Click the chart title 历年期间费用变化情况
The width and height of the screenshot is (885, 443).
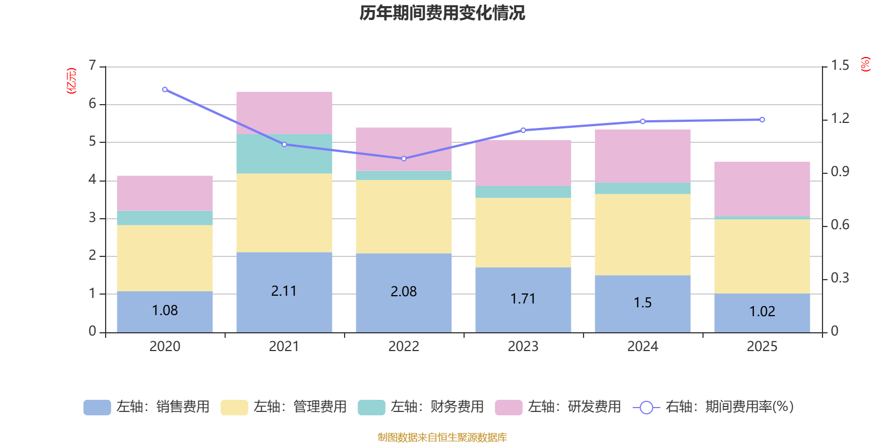tap(442, 13)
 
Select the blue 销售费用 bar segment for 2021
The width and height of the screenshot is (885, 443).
tap(284, 292)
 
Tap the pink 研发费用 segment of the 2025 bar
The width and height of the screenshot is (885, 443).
tap(762, 189)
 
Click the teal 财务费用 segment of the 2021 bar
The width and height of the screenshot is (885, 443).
tap(284, 154)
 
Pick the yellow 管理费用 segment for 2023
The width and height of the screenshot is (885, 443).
tap(523, 233)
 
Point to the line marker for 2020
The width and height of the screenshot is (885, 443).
tap(165, 90)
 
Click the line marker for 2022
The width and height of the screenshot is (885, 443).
tap(404, 158)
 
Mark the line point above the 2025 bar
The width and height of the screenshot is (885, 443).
tap(762, 120)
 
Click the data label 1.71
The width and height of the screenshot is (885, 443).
tap(523, 299)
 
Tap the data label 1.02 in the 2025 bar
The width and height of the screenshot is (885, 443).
tap(762, 312)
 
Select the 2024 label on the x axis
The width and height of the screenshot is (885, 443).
tap(642, 347)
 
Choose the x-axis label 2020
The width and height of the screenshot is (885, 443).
tap(165, 347)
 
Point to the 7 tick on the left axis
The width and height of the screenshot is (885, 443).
tap(92, 65)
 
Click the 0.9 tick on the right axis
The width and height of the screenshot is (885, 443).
tap(840, 172)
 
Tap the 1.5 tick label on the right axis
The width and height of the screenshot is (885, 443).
tap(840, 65)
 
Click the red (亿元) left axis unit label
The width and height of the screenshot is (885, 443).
tap(71, 81)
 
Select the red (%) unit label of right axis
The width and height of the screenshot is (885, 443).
tap(865, 64)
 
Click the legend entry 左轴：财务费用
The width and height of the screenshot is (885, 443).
tap(421, 407)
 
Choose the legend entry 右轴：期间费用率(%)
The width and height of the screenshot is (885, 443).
tap(713, 407)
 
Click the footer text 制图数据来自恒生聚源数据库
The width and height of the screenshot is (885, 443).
tap(442, 437)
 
